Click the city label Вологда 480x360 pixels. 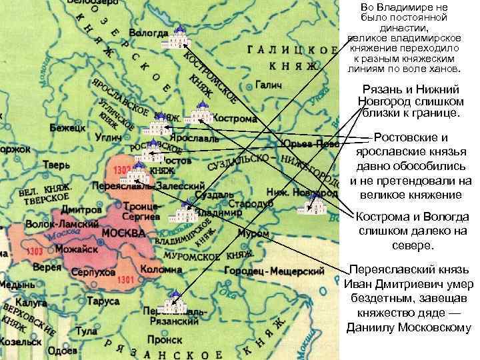[x=148, y=31]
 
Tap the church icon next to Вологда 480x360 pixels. [x=177, y=39]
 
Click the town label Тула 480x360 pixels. [x=87, y=331]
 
